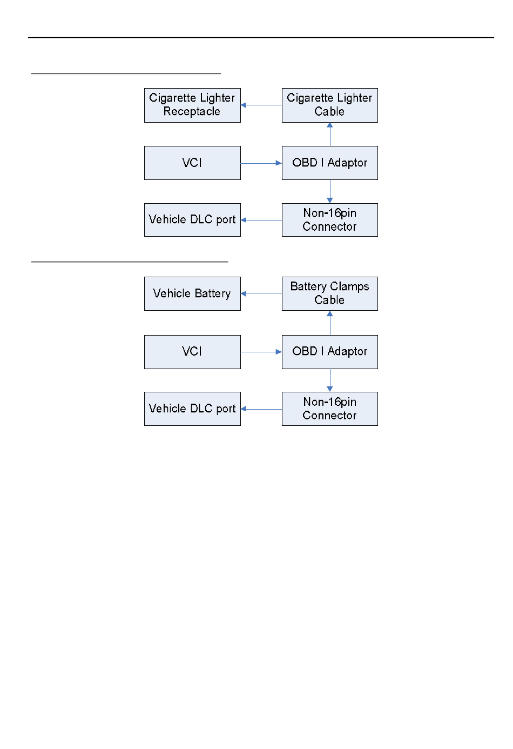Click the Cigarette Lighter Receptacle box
(x=192, y=105)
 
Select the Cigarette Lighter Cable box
(x=330, y=105)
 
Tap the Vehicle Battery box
(x=192, y=293)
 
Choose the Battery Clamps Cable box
(x=330, y=293)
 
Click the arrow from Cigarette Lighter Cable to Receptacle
(x=261, y=105)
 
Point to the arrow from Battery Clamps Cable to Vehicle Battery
(x=261, y=293)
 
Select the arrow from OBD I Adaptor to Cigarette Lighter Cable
(x=330, y=135)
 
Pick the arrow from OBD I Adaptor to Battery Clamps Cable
(x=330, y=323)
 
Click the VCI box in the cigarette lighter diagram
(x=192, y=163)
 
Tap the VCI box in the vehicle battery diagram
(x=192, y=352)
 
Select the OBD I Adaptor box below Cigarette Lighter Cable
(x=330, y=163)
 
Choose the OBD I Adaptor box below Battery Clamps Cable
(x=330, y=352)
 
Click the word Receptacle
(x=192, y=111)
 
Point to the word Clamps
(x=349, y=286)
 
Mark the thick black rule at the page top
(x=261, y=37)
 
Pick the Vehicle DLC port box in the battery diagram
(x=192, y=409)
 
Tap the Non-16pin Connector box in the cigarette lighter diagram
(x=330, y=220)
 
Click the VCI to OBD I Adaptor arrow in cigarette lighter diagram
(x=261, y=163)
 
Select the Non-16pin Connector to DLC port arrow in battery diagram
(x=261, y=409)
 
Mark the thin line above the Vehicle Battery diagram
(x=130, y=262)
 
